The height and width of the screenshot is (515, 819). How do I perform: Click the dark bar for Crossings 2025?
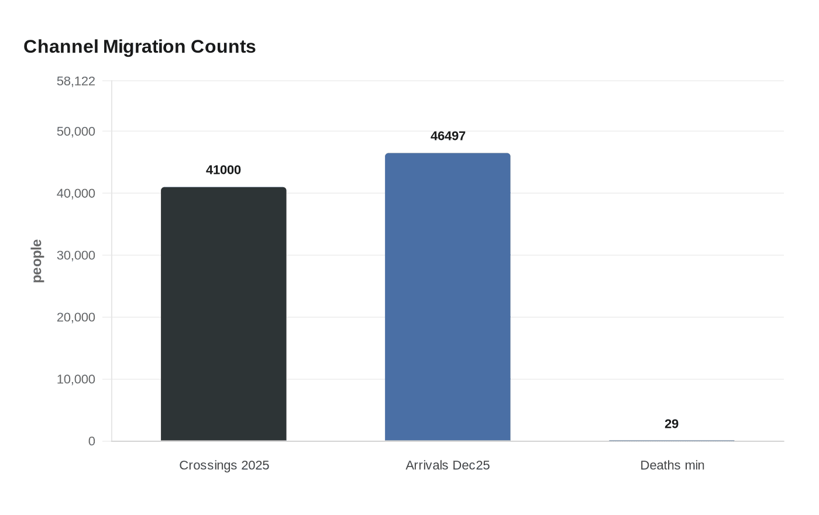click(223, 314)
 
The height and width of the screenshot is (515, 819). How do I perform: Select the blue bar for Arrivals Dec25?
click(448, 297)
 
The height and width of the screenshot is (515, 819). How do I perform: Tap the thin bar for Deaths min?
click(672, 440)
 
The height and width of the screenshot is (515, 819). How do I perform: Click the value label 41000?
click(223, 170)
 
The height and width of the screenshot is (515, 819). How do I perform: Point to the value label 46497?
click(448, 136)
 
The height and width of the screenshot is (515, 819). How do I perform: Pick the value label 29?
click(672, 424)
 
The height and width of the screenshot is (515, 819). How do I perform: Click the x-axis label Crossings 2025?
click(224, 465)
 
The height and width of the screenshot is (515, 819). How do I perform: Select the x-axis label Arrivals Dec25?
click(448, 465)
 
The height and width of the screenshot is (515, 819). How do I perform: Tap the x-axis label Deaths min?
click(672, 465)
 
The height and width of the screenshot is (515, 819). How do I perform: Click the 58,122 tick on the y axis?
click(76, 81)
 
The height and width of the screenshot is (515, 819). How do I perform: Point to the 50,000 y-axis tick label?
click(76, 131)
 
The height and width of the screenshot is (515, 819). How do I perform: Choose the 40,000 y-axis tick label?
click(76, 193)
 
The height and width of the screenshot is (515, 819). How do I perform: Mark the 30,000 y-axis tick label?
click(76, 255)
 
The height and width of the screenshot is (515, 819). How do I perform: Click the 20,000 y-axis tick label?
click(76, 317)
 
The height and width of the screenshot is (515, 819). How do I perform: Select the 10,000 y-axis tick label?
click(76, 379)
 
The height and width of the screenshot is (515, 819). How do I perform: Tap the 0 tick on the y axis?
click(91, 441)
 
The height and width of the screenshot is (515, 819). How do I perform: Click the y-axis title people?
click(37, 261)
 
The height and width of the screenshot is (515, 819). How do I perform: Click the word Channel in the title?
click(61, 46)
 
